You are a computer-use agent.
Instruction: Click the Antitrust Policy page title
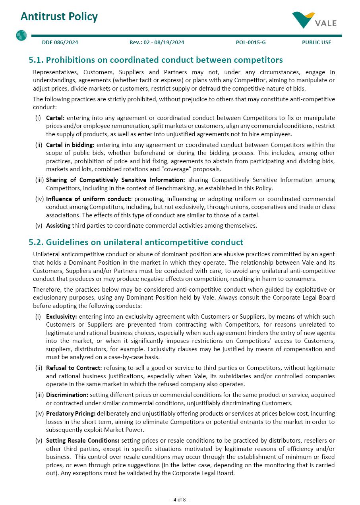pos(59,17)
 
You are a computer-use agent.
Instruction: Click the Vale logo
pos(314,20)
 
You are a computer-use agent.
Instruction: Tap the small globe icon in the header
pos(21,36)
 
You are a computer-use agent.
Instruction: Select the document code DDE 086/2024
pos(60,43)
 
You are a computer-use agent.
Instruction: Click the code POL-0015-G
pos(251,43)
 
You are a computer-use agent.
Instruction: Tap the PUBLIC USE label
pos(316,43)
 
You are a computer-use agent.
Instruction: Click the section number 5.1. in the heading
pos(36,60)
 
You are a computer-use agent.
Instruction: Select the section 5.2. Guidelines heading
pos(135,242)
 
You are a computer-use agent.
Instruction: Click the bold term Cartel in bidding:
pos(70,145)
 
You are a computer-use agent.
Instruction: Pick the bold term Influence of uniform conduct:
pos(89,199)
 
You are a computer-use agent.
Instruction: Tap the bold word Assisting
pos(58,226)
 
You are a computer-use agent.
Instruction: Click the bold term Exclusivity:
pos(62,317)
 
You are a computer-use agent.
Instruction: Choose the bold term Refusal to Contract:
pos(74,368)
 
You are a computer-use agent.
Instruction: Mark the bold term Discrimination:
pos(67,395)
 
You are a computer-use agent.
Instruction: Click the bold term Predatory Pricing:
pos(71,414)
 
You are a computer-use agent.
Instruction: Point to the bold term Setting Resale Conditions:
pos(83,441)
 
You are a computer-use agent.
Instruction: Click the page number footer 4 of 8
pos(180,499)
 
